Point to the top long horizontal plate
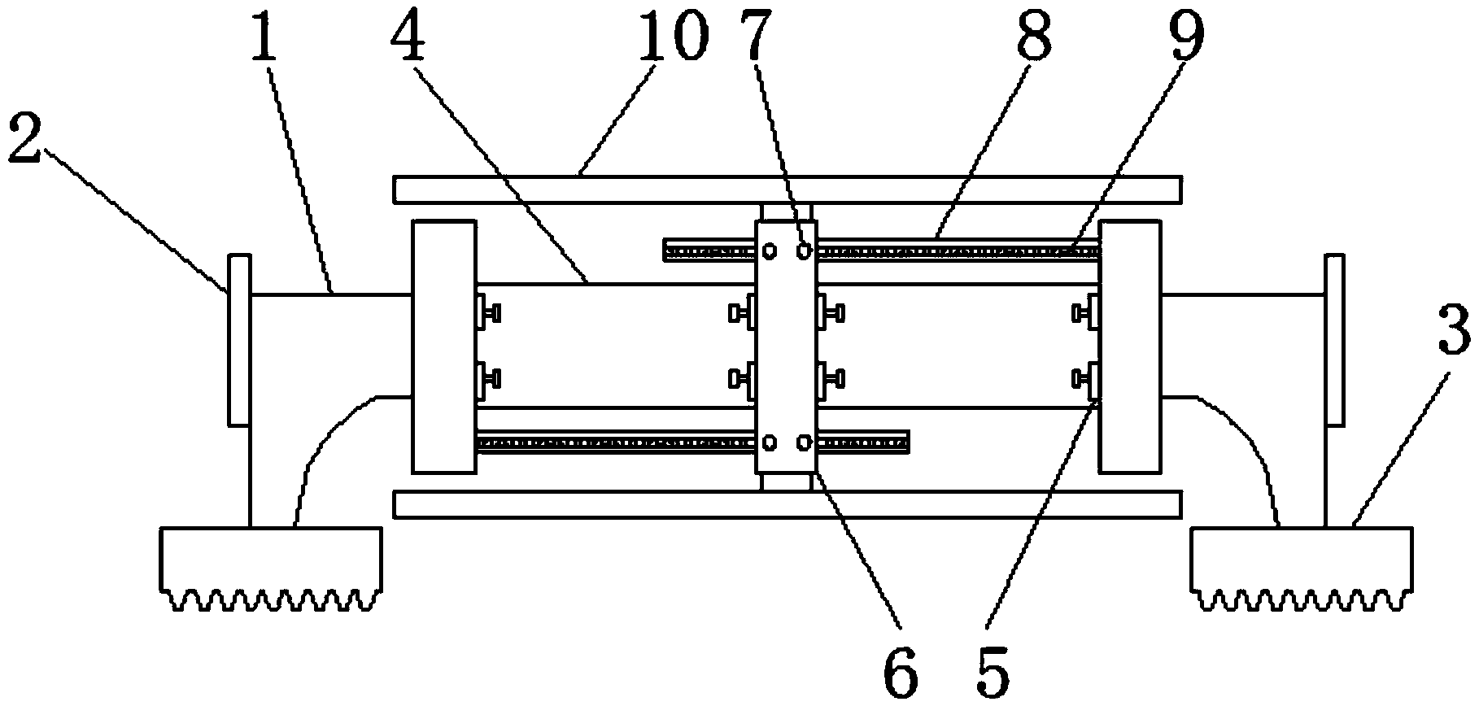point(787,190)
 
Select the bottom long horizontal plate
point(787,504)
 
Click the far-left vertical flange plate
point(239,340)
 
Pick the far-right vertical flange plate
point(1334,340)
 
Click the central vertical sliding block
point(785,346)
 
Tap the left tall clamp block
point(444,346)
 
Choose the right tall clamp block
point(1129,346)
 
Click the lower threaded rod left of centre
point(616,442)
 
